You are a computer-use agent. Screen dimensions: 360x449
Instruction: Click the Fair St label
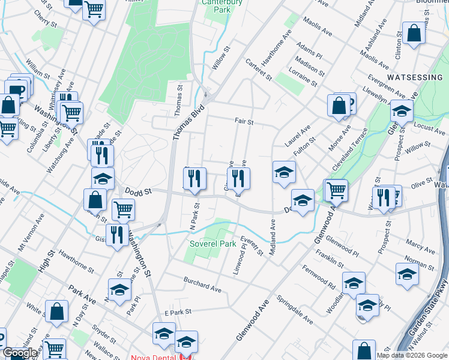tap(244, 122)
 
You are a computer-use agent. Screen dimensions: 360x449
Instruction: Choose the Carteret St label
tap(259, 70)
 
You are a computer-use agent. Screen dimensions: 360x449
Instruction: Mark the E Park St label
tap(177, 312)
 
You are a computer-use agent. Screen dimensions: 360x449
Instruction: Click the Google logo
tap(20, 353)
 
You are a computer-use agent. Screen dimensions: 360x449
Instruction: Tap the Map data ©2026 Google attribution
tap(412, 355)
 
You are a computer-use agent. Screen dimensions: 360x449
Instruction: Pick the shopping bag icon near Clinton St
tap(414, 34)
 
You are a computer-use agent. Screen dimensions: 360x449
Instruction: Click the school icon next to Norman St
tap(407, 274)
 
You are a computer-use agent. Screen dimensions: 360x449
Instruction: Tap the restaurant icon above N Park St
tap(194, 179)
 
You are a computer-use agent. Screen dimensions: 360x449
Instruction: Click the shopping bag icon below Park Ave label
tap(56, 311)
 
